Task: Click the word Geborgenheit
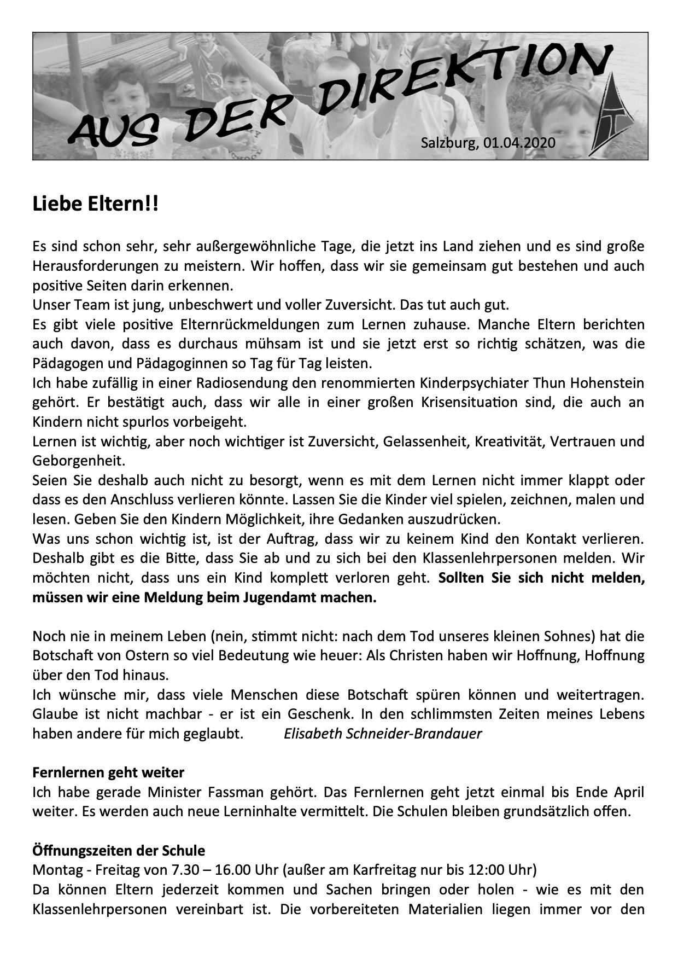point(79,461)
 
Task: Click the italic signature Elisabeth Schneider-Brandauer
point(383,734)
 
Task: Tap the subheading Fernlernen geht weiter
point(108,772)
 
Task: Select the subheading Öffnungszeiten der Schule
point(119,851)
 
